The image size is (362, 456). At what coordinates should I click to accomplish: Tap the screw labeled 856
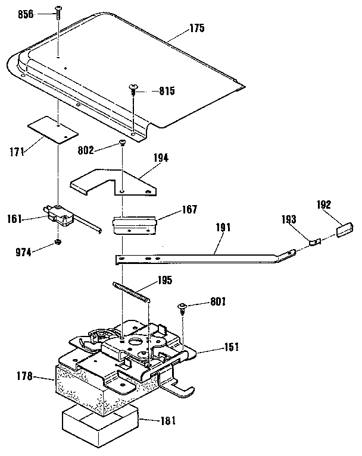coord(58,12)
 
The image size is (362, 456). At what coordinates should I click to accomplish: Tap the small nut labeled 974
coord(57,242)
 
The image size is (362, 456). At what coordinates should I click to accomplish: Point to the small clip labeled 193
coord(316,241)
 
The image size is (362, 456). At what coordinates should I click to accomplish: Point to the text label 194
coord(160,158)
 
